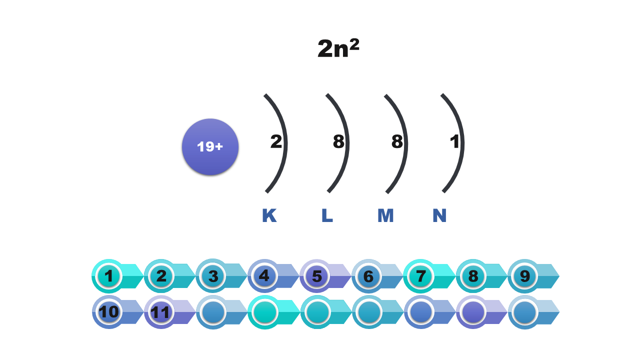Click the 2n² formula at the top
[338, 48]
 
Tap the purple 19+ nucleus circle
[210, 147]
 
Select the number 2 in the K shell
[276, 142]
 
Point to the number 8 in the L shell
[338, 142]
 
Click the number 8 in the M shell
[396, 142]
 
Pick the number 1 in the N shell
[454, 142]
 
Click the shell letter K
[269, 215]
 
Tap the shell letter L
[327, 215]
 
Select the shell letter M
[385, 215]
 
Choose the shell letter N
[439, 215]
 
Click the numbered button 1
[108, 276]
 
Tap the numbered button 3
[213, 276]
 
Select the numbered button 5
[317, 276]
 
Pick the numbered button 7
[421, 276]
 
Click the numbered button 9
[525, 276]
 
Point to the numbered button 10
[108, 312]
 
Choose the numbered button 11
[160, 312]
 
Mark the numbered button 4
[265, 276]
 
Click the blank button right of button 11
[213, 312]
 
